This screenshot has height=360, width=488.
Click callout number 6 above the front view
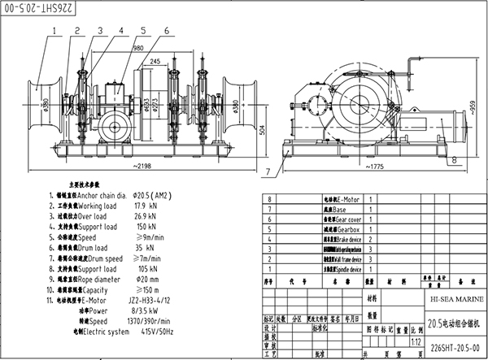click(167, 31)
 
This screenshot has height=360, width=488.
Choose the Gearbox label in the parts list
click(346, 230)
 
